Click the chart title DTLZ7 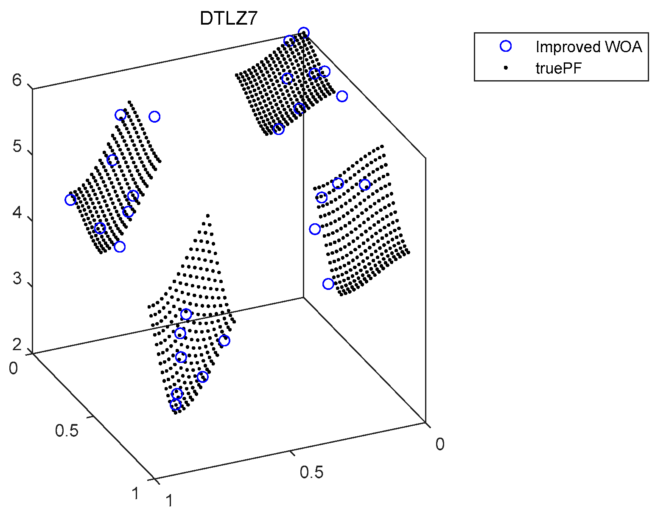tap(229, 19)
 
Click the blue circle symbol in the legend tap(506, 46)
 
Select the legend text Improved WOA tap(588, 47)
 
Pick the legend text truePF tap(558, 68)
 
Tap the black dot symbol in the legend tap(506, 68)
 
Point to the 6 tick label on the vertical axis tap(17, 80)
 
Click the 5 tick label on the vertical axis tap(17, 147)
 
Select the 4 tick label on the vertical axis tap(17, 213)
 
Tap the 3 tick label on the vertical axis tap(17, 279)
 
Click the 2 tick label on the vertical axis tap(17, 345)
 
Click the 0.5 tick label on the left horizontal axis tap(67, 431)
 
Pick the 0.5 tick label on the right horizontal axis tap(311, 472)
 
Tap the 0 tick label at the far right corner tap(440, 444)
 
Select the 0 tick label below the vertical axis tap(13, 368)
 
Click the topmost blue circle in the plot tap(303, 33)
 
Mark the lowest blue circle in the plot tap(175, 404)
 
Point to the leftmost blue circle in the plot tap(70, 200)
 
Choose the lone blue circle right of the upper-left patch tap(154, 117)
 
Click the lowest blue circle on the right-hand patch tap(328, 284)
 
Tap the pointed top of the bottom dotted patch tap(207, 216)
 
